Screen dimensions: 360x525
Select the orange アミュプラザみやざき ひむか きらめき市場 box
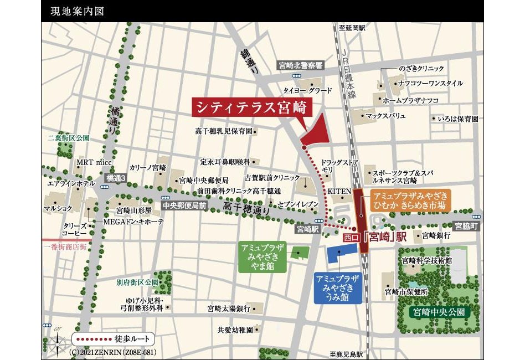(x=410, y=201)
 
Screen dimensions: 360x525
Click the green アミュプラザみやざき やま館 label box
(x=262, y=258)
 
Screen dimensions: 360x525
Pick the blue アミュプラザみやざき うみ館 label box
(x=338, y=288)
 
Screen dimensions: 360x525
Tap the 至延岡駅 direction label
(x=352, y=27)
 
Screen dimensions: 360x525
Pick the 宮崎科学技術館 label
(x=426, y=260)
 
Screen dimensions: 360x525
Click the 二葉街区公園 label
(x=68, y=137)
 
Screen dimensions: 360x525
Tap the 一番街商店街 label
(x=64, y=246)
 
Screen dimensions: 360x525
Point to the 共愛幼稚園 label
(x=235, y=330)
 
